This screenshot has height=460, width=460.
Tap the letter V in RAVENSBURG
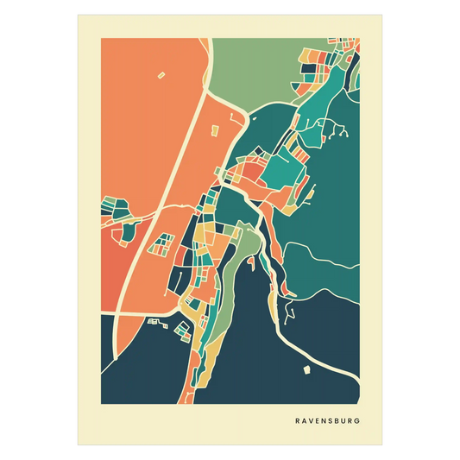click(310, 421)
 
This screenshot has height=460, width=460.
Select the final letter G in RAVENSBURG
click(358, 421)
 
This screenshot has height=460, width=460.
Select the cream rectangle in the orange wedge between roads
click(215, 129)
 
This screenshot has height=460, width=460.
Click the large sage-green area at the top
click(250, 69)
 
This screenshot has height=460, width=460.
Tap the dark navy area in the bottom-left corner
click(138, 371)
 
